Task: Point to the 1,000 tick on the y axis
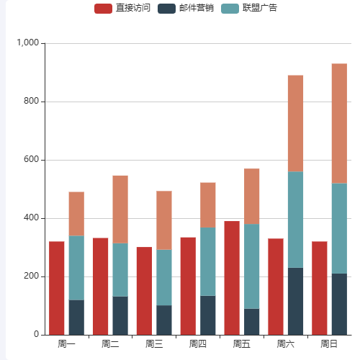click(x=29, y=43)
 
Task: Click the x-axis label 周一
click(x=66, y=344)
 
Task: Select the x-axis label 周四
click(x=198, y=344)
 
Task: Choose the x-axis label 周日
click(x=329, y=344)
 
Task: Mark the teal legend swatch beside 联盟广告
click(x=230, y=9)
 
